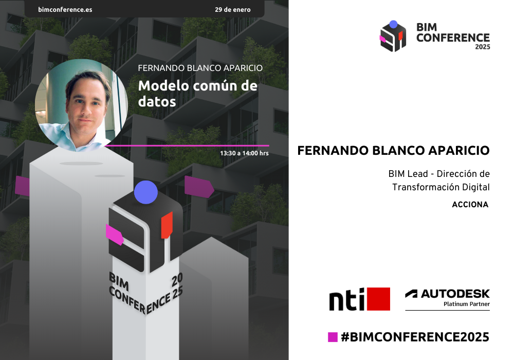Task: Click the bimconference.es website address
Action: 65,9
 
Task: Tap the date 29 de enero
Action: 233,9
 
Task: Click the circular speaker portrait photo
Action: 82,105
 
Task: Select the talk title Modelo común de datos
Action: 198,94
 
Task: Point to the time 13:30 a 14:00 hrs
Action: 244,153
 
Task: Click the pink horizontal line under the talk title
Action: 187,145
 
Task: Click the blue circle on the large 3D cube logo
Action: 146,192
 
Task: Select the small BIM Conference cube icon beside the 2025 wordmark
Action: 393,36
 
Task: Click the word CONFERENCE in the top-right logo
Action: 453,38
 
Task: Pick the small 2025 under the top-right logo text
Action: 483,47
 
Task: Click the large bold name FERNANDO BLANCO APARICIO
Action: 393,151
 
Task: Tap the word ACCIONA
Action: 470,205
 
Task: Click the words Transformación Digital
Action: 441,187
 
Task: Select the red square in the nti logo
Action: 378,299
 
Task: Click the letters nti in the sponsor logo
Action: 347,299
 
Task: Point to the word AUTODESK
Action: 455,294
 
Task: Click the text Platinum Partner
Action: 467,304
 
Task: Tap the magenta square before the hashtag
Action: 333,337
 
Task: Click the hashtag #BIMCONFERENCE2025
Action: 415,337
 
